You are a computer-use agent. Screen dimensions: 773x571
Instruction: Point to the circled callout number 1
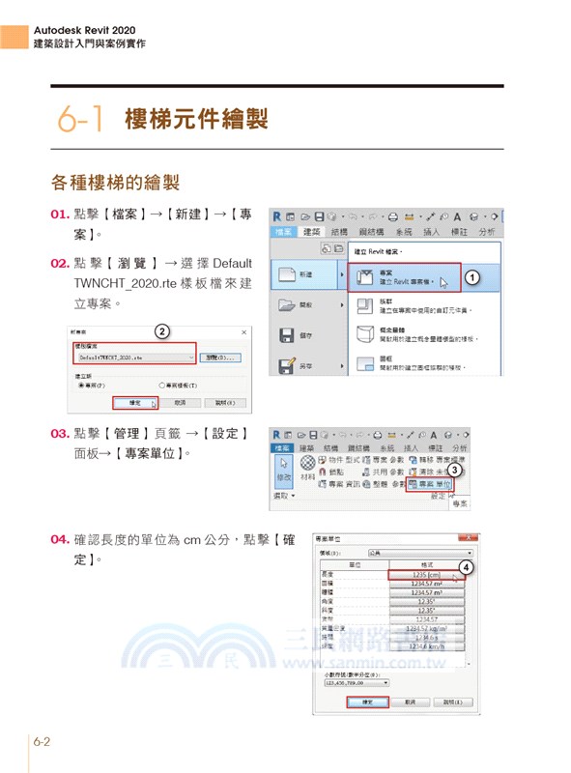[472, 277]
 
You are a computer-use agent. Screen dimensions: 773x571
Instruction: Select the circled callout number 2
[163, 331]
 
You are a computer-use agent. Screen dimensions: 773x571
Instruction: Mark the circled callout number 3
[454, 470]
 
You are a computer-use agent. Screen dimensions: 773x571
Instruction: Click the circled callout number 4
[466, 566]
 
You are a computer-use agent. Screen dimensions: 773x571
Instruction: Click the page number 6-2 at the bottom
[41, 742]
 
